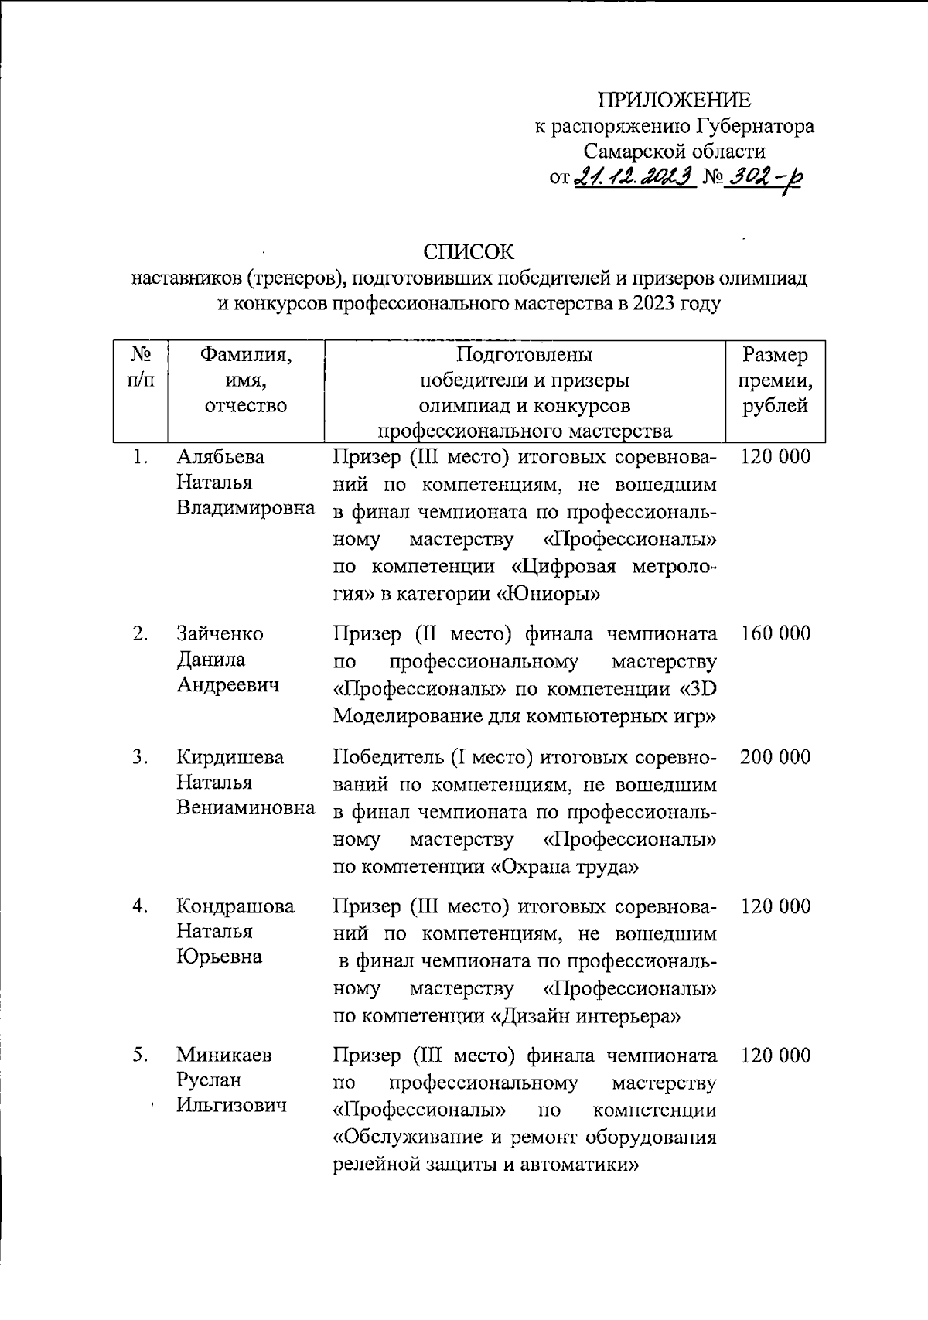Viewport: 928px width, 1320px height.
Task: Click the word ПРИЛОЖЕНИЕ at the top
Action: tap(674, 100)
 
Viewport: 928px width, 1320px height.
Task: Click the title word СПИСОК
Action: tap(468, 252)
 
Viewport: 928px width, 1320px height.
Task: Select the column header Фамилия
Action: tap(245, 355)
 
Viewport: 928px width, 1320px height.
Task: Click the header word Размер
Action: tap(775, 355)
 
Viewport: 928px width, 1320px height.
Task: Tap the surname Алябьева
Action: tap(220, 457)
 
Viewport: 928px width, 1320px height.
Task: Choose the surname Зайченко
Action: tap(220, 634)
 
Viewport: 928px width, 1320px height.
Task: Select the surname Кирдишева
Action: tap(230, 757)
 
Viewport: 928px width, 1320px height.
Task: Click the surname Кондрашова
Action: tap(235, 906)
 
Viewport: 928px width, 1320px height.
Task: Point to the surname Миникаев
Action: tap(223, 1055)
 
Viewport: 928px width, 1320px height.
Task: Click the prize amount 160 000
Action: tap(776, 634)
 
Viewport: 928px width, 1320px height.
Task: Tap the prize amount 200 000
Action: tap(776, 757)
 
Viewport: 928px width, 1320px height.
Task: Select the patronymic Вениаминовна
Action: tap(245, 808)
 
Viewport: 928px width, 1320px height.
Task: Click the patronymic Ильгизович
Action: tap(231, 1105)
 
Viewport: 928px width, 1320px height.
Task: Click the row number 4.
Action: tap(139, 906)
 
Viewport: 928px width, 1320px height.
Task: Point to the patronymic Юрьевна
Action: tap(220, 957)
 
